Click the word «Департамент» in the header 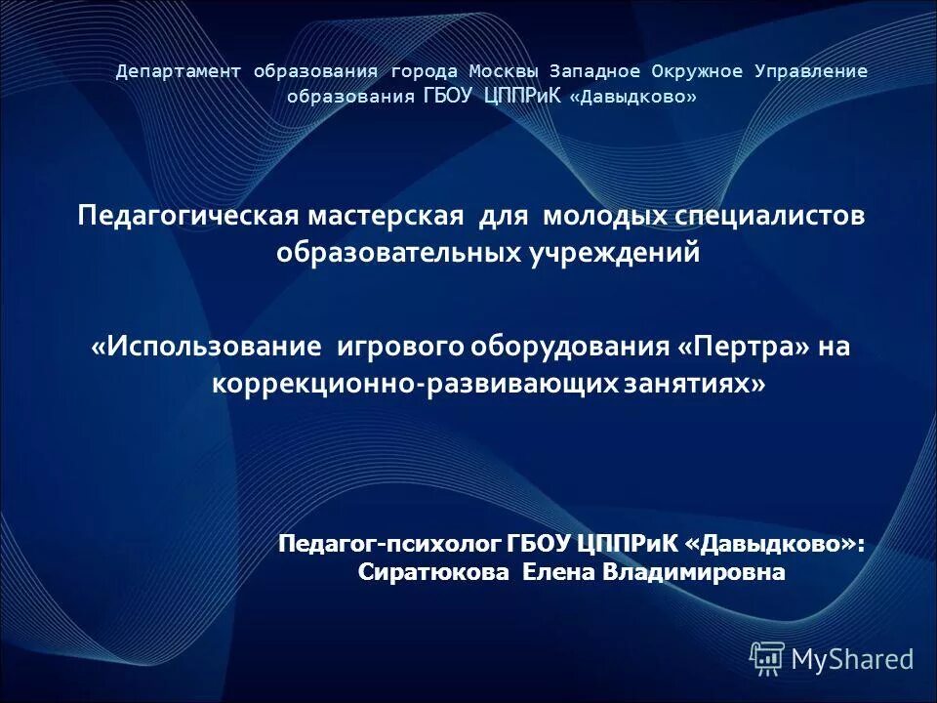point(180,71)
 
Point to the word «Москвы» point(503,71)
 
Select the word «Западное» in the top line point(595,71)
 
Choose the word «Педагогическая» point(189,216)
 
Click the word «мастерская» point(388,216)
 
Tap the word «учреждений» point(614,254)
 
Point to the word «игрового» point(402,348)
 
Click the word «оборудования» point(571,348)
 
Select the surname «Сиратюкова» point(434,572)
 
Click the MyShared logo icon point(767,658)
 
